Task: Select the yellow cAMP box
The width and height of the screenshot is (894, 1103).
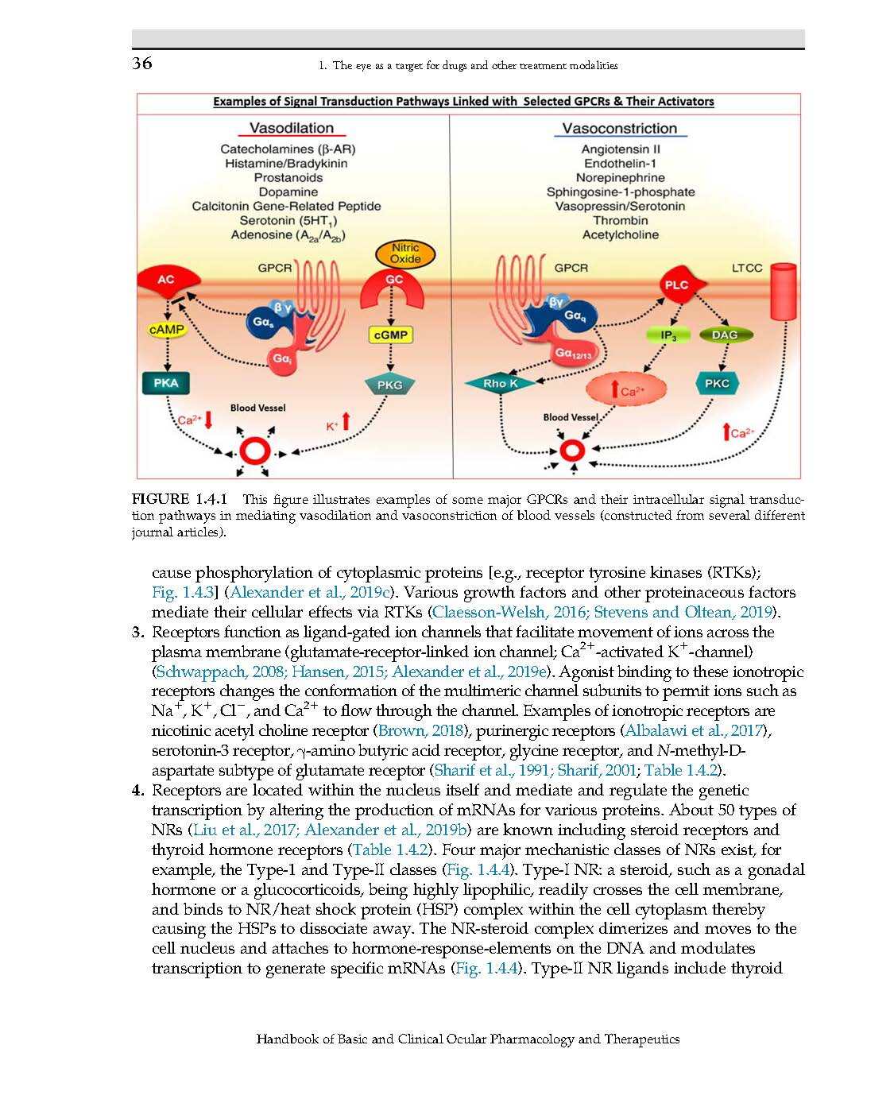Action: pyautogui.click(x=167, y=329)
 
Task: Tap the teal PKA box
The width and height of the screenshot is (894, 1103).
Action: pyautogui.click(x=166, y=383)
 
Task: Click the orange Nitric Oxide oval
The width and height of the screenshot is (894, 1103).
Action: pyautogui.click(x=405, y=253)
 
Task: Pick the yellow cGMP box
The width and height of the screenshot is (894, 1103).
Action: pyautogui.click(x=390, y=335)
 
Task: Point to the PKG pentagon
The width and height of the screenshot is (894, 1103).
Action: pyautogui.click(x=389, y=385)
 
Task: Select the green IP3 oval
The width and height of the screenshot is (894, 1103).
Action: pyautogui.click(x=669, y=335)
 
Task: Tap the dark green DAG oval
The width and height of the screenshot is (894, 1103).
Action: pyautogui.click(x=725, y=335)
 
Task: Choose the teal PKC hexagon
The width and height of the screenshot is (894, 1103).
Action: pyautogui.click(x=717, y=383)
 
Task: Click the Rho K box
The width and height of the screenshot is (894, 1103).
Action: pyautogui.click(x=501, y=383)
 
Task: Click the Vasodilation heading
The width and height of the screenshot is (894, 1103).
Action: pyautogui.click(x=292, y=128)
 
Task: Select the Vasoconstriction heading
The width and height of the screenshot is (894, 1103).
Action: pyautogui.click(x=620, y=128)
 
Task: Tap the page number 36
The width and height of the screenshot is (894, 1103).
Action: pyautogui.click(x=142, y=64)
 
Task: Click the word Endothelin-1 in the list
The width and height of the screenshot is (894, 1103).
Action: pyautogui.click(x=620, y=164)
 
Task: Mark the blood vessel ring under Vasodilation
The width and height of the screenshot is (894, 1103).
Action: pyautogui.click(x=257, y=451)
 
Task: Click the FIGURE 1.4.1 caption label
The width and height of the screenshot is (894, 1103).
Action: pyautogui.click(x=180, y=500)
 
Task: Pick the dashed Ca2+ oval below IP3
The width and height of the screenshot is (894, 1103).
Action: pyautogui.click(x=626, y=390)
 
